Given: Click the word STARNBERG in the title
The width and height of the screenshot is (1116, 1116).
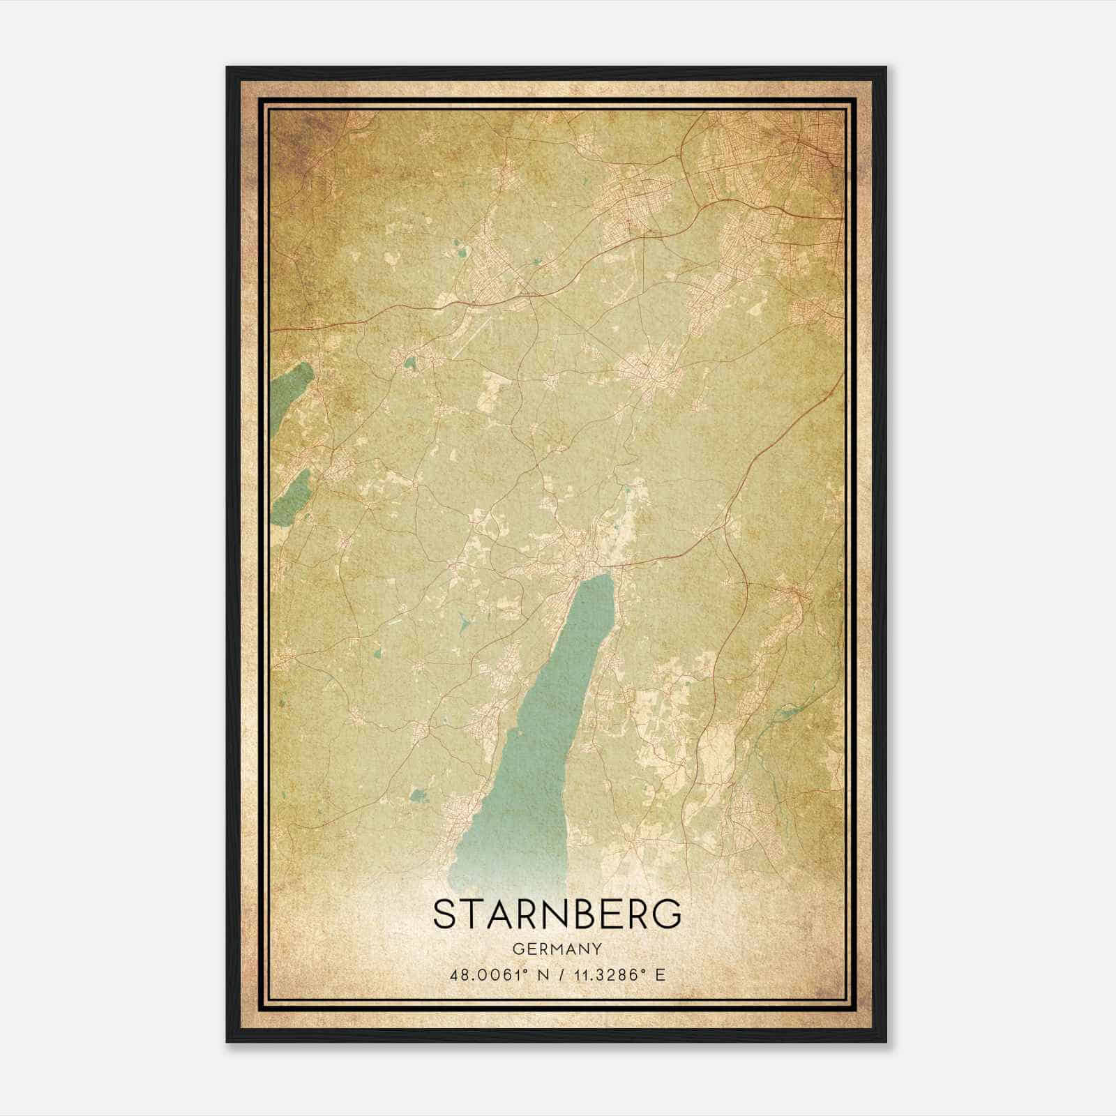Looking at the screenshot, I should (557, 914).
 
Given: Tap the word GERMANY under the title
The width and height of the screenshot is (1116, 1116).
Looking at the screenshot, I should (557, 949).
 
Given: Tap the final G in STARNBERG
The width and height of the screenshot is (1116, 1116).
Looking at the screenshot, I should (668, 914).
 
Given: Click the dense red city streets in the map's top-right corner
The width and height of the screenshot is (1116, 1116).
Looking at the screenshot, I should (813, 139).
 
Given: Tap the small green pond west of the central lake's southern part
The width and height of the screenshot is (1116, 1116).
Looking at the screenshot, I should (418, 794).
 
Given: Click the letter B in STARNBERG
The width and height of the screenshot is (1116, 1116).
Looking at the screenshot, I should (578, 914).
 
